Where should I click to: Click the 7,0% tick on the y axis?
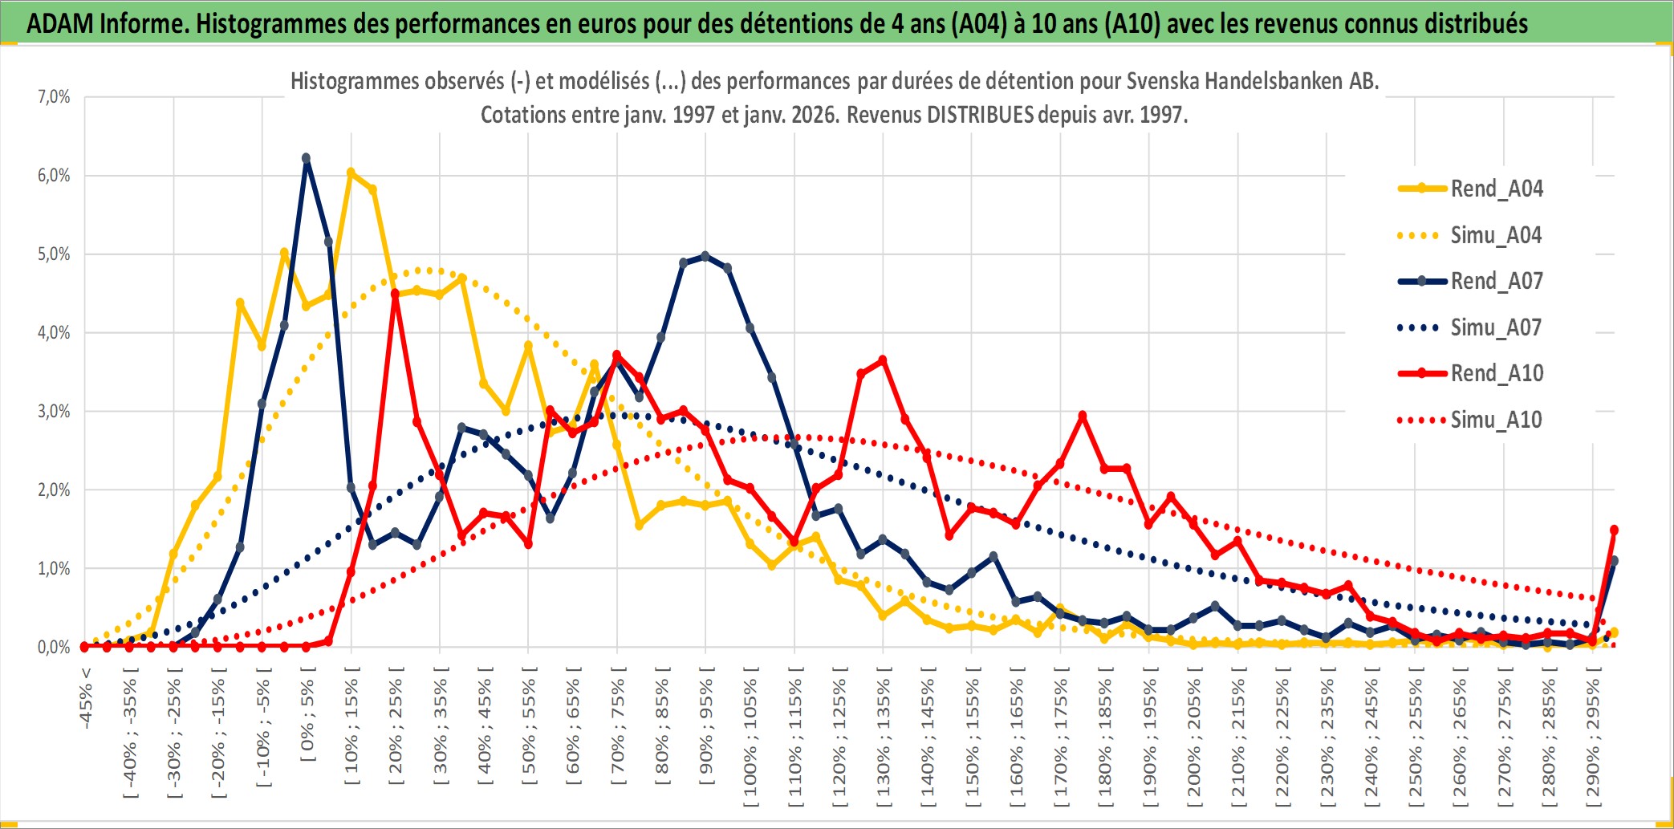[54, 97]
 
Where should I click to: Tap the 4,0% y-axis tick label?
[54, 332]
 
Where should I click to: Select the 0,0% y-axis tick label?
[54, 647]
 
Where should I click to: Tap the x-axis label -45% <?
[86, 698]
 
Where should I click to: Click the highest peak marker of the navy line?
[306, 158]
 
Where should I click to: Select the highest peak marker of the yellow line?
[351, 173]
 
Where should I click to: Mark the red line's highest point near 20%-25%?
[395, 294]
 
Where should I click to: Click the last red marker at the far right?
[1614, 530]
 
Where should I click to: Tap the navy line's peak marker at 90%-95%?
[705, 256]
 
